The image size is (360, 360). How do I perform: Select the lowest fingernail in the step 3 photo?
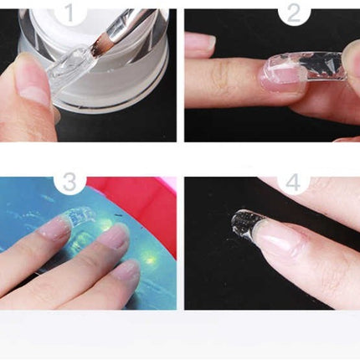click(126, 271)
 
